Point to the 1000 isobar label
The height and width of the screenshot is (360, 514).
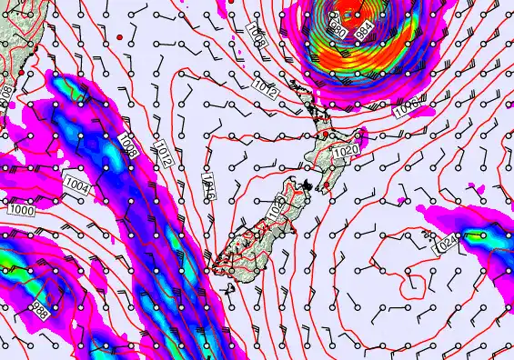point(21,209)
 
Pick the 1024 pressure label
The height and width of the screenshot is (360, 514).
point(446,243)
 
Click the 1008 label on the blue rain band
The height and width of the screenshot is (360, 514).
point(127,145)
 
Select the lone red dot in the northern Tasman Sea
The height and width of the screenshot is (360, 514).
point(120,36)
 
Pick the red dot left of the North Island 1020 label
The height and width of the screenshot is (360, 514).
point(326,135)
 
